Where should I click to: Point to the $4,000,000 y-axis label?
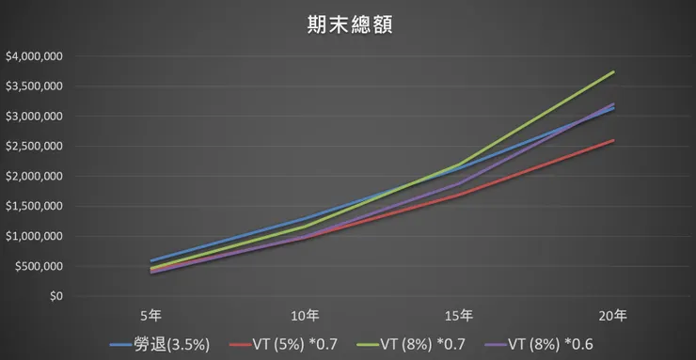34,56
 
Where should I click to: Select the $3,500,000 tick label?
34,86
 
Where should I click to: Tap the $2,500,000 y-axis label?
34,147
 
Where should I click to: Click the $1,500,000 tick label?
34,207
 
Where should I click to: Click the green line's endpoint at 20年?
614,71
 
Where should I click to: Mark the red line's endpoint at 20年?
614,140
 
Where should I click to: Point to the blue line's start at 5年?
151,261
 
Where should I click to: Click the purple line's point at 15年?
460,183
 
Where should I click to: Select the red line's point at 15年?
460,196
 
